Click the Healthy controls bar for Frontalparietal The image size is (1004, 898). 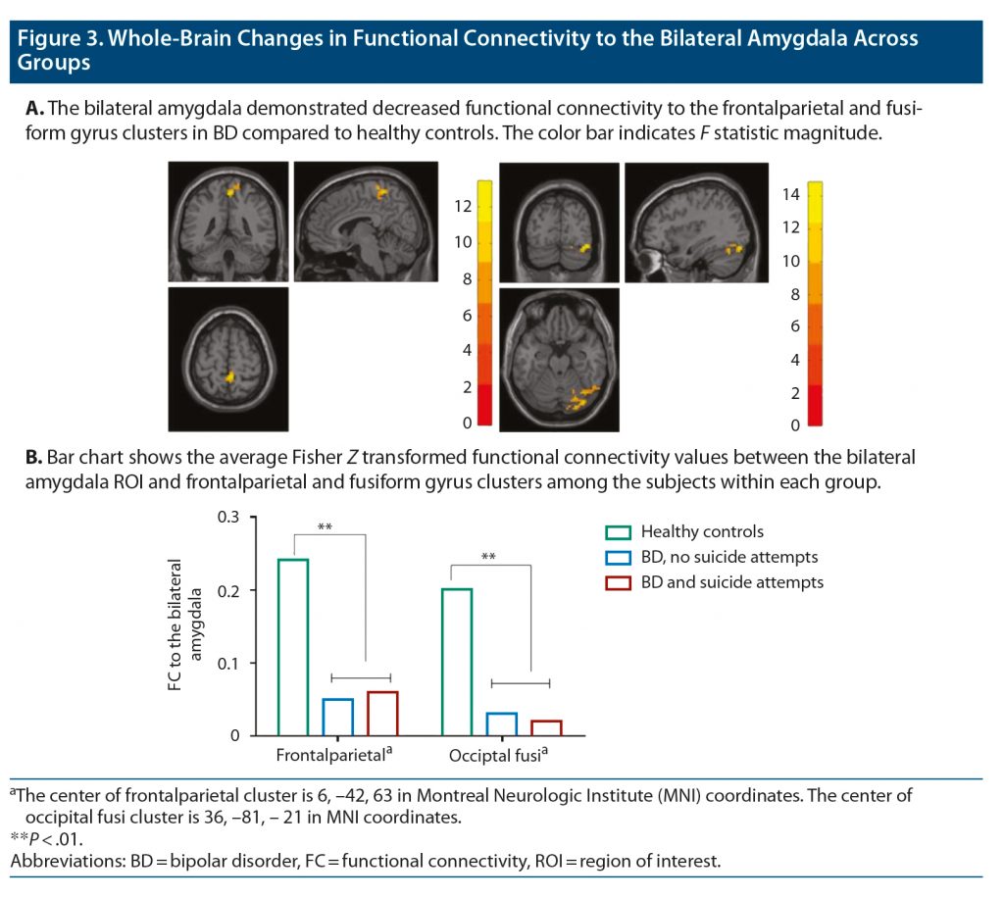[293, 647]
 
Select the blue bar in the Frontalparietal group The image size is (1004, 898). [337, 717]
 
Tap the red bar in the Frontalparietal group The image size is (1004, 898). [382, 713]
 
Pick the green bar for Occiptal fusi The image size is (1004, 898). [457, 662]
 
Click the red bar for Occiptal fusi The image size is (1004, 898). [546, 727]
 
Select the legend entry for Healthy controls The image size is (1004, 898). [702, 532]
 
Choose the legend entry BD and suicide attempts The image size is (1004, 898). [731, 582]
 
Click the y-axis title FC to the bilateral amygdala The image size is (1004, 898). [185, 624]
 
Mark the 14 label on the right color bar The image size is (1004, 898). [790, 194]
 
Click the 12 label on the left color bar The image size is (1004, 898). [462, 206]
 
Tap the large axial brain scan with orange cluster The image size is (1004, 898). [559, 359]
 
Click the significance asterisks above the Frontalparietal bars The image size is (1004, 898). [325, 528]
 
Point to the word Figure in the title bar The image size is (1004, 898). [55, 39]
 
